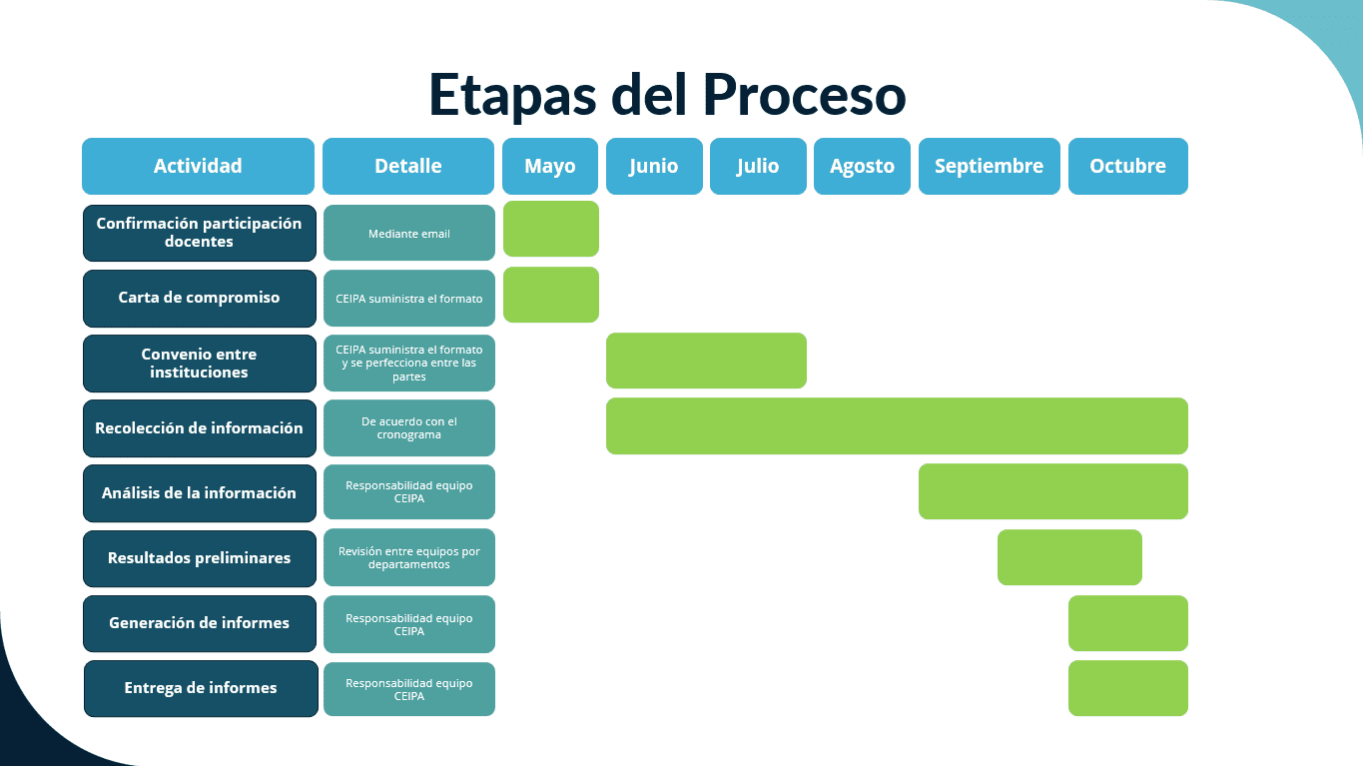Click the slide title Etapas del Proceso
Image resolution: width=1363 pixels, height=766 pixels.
pos(667,95)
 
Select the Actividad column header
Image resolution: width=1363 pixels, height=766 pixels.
pos(198,166)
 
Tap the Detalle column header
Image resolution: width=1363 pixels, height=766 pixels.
pos(408,166)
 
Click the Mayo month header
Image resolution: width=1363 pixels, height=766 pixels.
pos(550,166)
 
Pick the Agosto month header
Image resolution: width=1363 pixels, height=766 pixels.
pos(862,166)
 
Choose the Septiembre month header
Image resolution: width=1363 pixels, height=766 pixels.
pos(989,166)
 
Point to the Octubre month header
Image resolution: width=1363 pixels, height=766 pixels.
pos(1127,166)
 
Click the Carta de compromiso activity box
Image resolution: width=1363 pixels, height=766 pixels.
pos(200,298)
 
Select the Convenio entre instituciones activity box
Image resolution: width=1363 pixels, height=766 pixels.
pos(200,363)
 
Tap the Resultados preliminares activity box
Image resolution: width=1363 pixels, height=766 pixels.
pos(200,557)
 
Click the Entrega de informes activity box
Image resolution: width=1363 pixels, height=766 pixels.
pos(201,688)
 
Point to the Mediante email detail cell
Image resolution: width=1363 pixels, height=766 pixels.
pos(408,234)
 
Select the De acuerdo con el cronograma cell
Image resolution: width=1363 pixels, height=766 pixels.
pos(408,427)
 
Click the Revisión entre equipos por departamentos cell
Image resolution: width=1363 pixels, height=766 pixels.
pos(408,557)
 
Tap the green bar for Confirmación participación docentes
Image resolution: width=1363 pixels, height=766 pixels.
pos(550,229)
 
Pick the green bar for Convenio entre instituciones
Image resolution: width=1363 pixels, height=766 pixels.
pos(706,361)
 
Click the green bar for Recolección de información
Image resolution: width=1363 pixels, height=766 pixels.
pos(897,425)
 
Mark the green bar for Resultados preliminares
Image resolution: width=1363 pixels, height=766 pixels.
pos(1069,557)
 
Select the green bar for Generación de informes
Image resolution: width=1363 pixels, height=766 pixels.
pos(1127,623)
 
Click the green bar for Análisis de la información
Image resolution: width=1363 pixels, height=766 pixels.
pos(1052,491)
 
